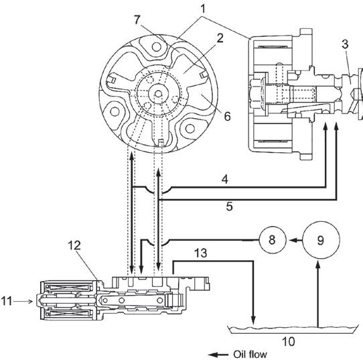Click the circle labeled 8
272,240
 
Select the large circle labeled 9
321,240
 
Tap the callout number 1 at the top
203,9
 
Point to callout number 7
137,20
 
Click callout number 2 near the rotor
220,38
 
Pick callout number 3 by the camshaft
345,44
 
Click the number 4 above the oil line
225,180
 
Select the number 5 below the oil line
229,206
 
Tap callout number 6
227,116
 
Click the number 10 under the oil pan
289,341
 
